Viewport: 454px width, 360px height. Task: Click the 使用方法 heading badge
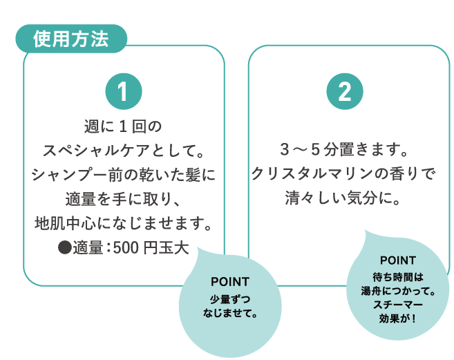coord(70,39)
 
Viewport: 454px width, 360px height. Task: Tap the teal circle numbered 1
coord(124,91)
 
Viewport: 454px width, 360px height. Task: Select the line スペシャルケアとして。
coord(123,151)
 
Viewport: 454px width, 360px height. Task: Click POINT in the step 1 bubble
coord(229,282)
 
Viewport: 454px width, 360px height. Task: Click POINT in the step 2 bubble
coord(398,260)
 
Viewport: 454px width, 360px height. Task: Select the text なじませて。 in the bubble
coord(230,313)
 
